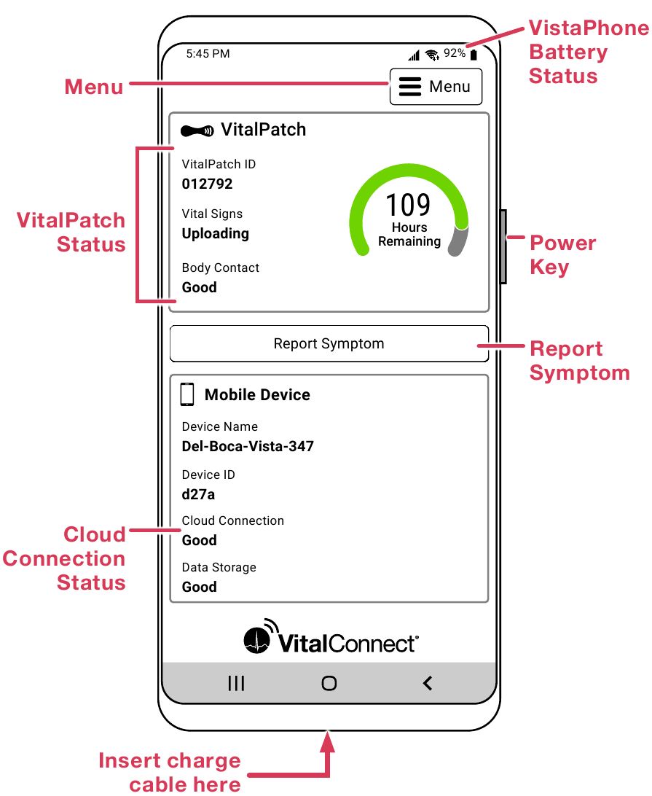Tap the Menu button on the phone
pos(436,87)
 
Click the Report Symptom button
pos(329,343)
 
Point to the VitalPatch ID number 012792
pos(207,184)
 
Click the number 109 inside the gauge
pos(408,205)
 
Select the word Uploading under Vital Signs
pos(215,233)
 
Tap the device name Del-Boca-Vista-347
pos(248,446)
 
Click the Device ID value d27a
pos(198,494)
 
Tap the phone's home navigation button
pos(329,683)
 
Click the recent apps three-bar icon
pos(236,683)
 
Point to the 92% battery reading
pos(455,53)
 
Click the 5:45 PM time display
pos(208,53)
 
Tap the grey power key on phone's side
pos(503,246)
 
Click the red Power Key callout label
pos(562,254)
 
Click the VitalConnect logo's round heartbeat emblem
pos(259,639)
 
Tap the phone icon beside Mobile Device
pos(187,394)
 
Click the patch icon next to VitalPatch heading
pos(197,130)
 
